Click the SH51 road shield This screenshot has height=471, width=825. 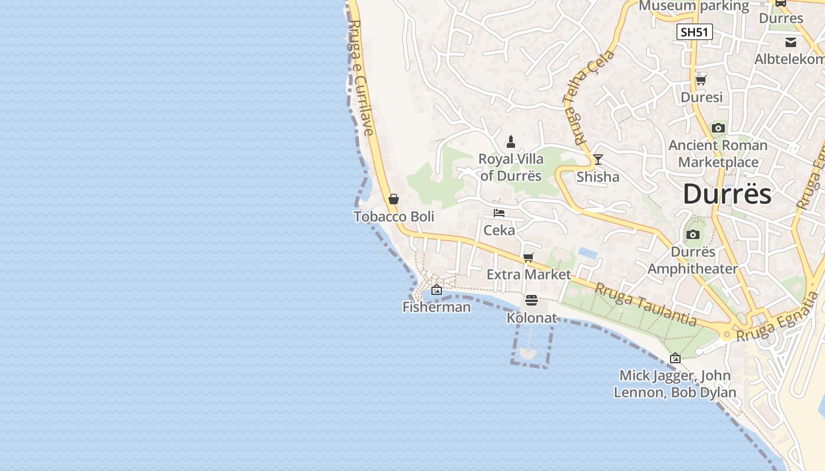(x=694, y=32)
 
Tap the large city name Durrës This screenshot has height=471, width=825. (x=727, y=194)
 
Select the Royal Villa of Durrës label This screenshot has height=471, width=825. (x=510, y=167)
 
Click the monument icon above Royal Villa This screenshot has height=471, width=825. (x=511, y=142)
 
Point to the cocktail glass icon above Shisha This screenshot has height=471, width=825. (x=598, y=160)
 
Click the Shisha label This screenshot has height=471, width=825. (x=598, y=177)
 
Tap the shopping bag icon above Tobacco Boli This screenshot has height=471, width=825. (x=394, y=199)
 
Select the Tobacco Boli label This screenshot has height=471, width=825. (x=394, y=217)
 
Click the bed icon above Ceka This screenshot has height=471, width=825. (x=499, y=213)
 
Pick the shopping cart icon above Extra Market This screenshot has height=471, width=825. (x=529, y=257)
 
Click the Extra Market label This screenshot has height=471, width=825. (x=529, y=274)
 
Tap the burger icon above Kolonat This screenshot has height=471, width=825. (x=532, y=301)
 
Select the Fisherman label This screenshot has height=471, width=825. (x=437, y=307)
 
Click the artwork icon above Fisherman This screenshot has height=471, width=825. (x=437, y=290)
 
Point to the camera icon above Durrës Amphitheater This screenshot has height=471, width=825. (x=693, y=235)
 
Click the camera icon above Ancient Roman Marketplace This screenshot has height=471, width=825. (x=718, y=128)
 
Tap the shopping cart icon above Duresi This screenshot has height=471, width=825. (x=701, y=80)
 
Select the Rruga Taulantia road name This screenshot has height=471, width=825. (x=645, y=304)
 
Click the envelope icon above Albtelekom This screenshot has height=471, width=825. (x=791, y=42)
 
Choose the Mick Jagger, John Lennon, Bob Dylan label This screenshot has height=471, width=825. (x=675, y=384)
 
